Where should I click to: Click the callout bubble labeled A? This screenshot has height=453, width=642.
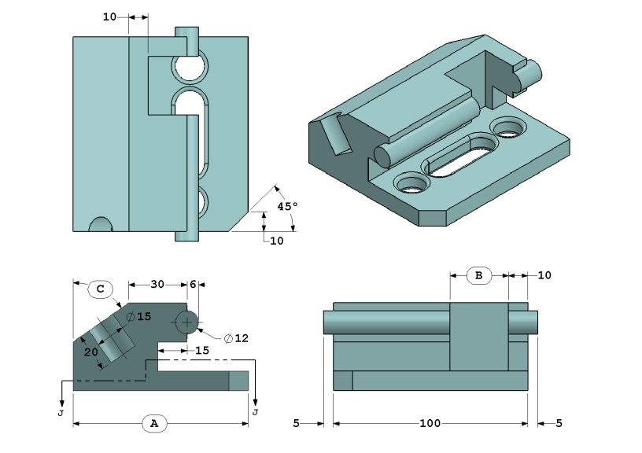(x=154, y=423)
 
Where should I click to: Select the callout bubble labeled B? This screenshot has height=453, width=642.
(x=478, y=275)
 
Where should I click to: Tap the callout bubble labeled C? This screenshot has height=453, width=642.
(x=101, y=289)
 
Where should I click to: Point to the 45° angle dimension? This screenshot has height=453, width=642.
(x=287, y=207)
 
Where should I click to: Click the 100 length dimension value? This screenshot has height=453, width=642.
(x=430, y=423)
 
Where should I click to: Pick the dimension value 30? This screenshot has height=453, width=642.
(x=157, y=284)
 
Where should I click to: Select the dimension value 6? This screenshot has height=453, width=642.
(x=193, y=284)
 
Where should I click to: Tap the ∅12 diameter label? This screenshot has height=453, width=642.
(x=236, y=338)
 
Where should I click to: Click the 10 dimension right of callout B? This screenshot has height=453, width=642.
(x=544, y=275)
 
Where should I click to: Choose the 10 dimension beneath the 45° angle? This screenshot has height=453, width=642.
(x=276, y=241)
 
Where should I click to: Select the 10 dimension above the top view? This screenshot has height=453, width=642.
(x=110, y=16)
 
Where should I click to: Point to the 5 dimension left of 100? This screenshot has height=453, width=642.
(x=296, y=423)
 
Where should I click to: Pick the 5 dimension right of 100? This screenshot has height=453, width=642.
(x=559, y=423)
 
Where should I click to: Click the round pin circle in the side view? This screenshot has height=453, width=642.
(x=188, y=322)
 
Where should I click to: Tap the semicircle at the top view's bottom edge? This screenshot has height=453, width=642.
(x=101, y=225)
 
